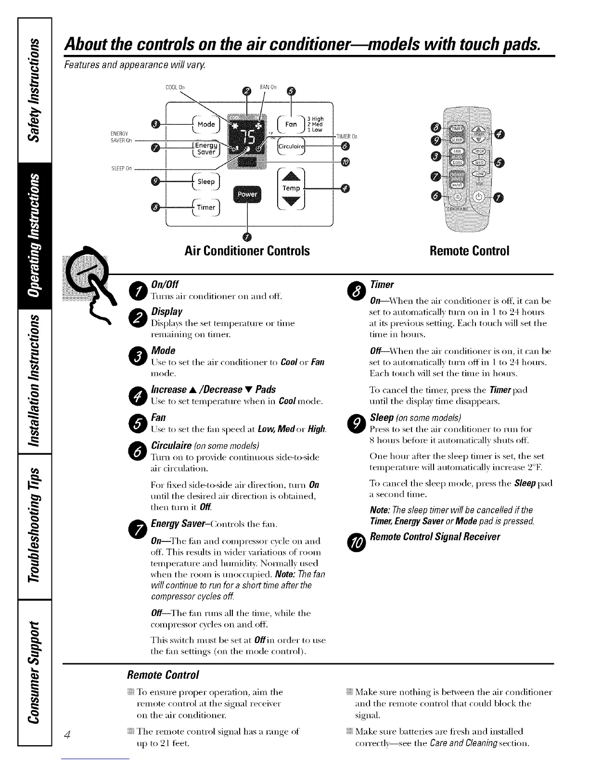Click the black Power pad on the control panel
point(246,194)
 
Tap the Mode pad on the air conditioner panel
point(206,124)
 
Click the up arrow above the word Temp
point(291,176)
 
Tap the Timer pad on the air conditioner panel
point(206,207)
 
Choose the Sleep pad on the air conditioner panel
point(206,182)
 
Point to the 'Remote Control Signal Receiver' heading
point(435,537)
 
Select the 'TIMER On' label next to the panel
point(346,136)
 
